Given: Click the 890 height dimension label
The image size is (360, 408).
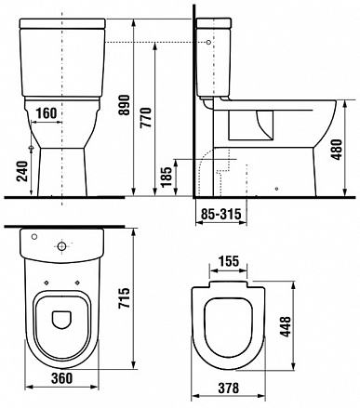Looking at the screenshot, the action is [125, 105].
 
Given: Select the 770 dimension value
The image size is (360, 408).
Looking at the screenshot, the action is [145, 117].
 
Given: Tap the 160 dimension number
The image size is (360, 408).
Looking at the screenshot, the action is [47, 113].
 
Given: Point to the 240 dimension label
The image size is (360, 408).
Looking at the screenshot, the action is [22, 171].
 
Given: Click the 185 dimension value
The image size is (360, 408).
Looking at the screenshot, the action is [167, 177].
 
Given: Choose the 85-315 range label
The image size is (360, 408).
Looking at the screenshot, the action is [220, 214].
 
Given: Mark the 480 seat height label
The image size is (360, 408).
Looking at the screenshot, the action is [337, 150].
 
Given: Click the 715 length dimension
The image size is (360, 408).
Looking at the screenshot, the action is [125, 298].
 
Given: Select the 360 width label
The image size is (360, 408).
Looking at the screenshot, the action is [62, 378].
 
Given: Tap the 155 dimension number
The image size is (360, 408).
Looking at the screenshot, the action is [228, 261].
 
